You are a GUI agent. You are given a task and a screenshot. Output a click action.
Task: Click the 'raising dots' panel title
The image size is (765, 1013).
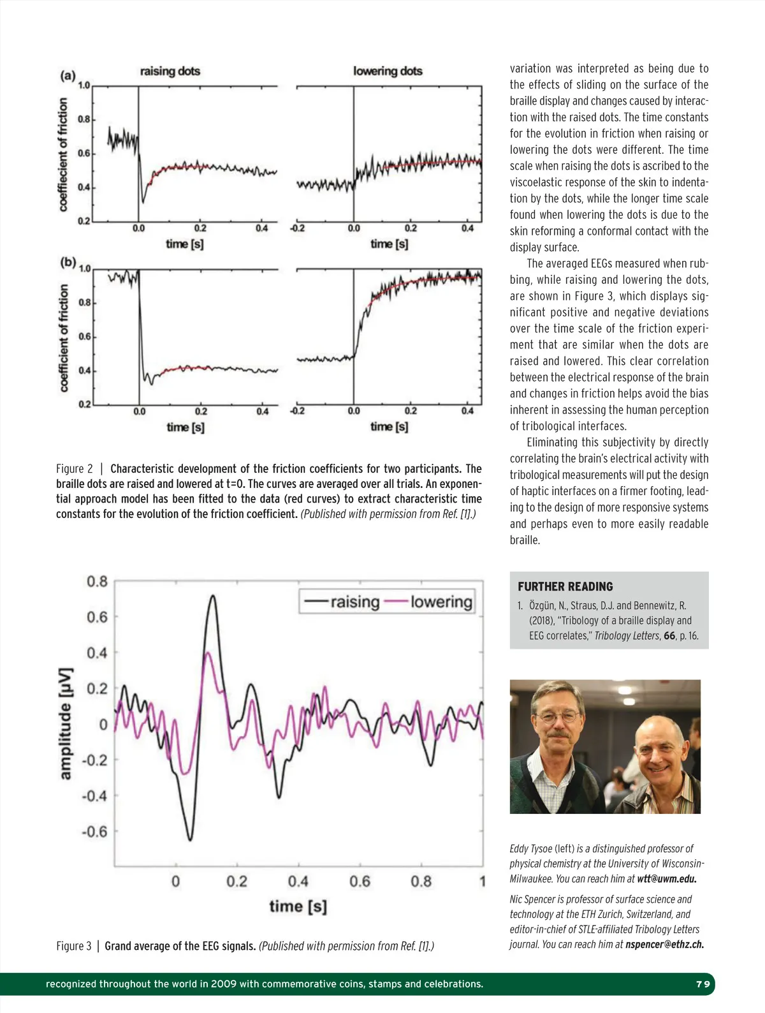[170, 71]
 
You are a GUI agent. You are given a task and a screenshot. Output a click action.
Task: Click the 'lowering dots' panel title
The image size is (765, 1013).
[388, 71]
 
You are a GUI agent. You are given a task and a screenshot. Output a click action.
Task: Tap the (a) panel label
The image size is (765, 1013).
[68, 76]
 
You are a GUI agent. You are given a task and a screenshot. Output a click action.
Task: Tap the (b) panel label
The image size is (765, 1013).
[68, 262]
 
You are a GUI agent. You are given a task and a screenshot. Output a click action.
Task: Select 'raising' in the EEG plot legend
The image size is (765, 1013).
[354, 602]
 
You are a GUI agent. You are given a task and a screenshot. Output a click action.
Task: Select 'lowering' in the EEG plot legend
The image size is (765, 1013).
[441, 602]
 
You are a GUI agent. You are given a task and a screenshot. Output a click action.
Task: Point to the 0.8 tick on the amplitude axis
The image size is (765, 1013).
[97, 581]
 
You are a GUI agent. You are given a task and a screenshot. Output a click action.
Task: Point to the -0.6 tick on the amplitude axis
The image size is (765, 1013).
[94, 832]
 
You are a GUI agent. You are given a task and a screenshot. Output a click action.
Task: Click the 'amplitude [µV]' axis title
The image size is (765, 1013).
[66, 723]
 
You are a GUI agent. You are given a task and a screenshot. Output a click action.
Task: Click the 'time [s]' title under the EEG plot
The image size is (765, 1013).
[298, 906]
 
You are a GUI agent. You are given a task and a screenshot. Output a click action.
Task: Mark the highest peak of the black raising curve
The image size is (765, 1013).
[212, 596]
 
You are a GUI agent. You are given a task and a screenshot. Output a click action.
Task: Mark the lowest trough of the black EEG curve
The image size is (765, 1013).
[190, 839]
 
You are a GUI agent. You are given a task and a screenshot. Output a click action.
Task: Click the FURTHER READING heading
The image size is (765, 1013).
[565, 586]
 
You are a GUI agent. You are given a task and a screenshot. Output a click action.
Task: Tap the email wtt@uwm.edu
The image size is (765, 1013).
[666, 878]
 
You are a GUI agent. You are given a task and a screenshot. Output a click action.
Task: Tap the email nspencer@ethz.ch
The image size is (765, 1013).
[664, 944]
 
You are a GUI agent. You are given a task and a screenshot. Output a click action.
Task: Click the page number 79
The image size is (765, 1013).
[703, 984]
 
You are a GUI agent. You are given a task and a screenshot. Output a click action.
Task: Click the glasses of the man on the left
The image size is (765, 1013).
[558, 716]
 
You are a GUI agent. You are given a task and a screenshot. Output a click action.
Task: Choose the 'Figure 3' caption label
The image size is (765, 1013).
[73, 946]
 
